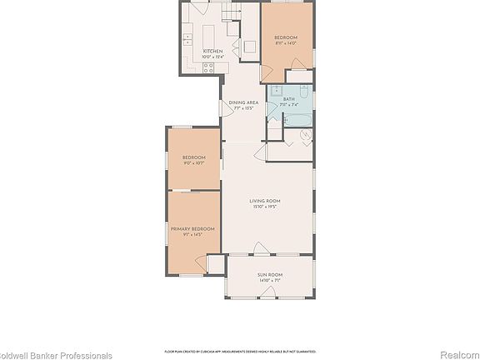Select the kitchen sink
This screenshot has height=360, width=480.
187,37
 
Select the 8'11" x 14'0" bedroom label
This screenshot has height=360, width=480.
286,40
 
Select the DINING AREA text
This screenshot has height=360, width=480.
243,102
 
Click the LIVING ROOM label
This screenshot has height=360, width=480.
265,201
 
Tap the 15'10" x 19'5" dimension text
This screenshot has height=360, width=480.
265,207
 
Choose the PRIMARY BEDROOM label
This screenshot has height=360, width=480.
192,228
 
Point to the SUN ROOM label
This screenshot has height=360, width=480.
269,274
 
